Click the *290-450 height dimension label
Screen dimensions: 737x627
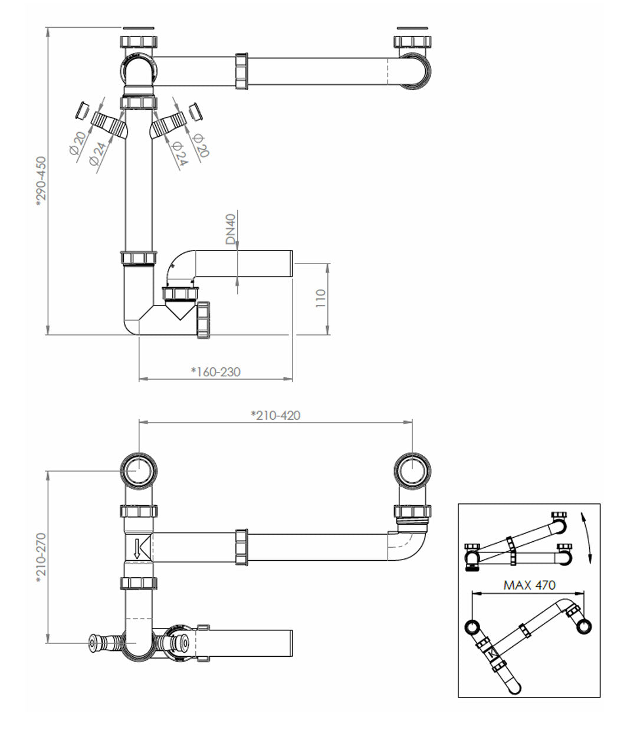(40, 180)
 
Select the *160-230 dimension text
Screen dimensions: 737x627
(216, 371)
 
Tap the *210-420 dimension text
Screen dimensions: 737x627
(275, 416)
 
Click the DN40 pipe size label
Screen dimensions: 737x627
(231, 229)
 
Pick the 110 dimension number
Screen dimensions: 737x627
(320, 300)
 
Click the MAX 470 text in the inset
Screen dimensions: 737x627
(529, 585)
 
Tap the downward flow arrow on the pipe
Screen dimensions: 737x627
(138, 548)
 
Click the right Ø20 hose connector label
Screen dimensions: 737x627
(201, 143)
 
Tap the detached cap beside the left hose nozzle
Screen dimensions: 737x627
(83, 110)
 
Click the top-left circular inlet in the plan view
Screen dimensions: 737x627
(139, 471)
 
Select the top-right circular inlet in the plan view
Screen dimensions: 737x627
(412, 471)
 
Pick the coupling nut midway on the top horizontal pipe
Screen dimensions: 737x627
(241, 71)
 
